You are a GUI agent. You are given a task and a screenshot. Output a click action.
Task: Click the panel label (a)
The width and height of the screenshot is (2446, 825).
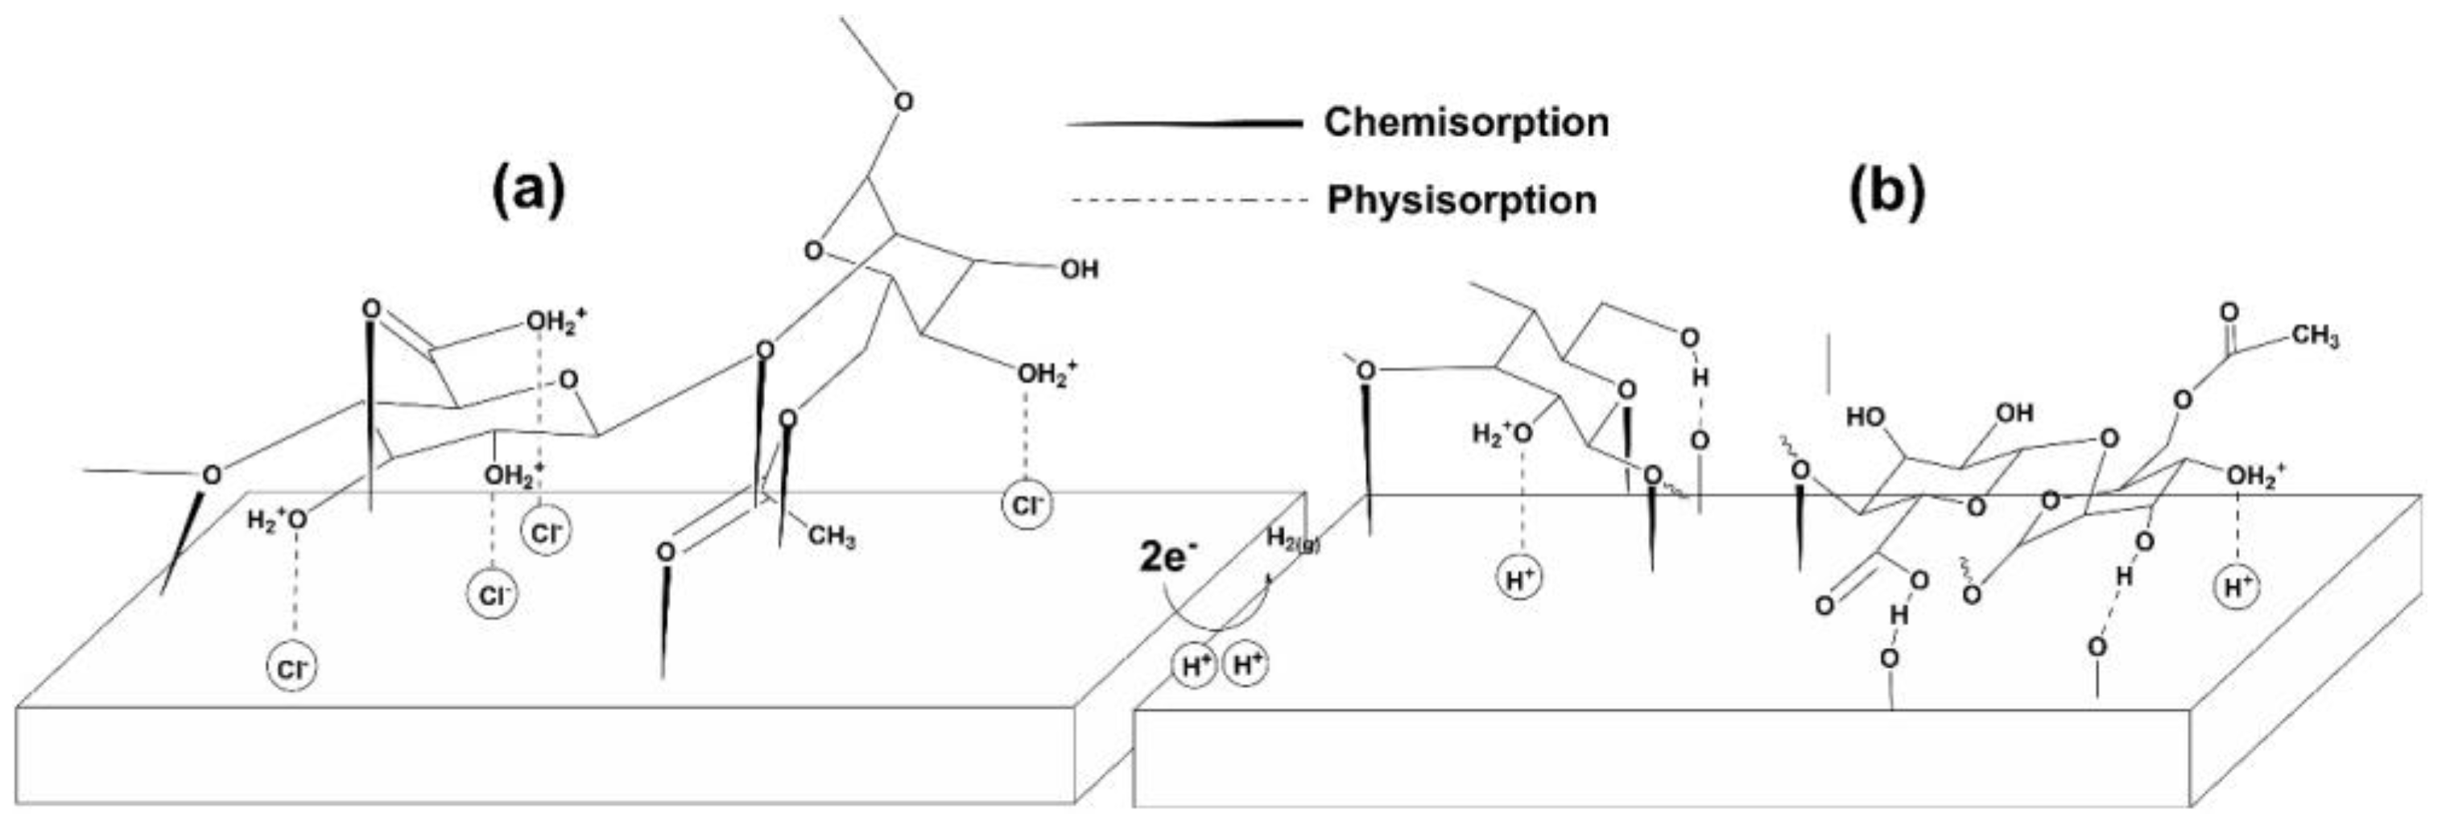tap(528, 191)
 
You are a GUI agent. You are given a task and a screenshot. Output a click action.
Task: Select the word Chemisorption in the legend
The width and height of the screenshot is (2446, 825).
tap(1466, 122)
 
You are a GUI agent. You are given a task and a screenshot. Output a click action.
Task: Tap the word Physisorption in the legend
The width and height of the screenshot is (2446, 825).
tap(1461, 200)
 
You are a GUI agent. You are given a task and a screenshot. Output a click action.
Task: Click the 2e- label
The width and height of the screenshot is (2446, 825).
tap(1164, 559)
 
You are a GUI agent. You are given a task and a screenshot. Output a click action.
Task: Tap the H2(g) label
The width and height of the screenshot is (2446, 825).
tap(1292, 539)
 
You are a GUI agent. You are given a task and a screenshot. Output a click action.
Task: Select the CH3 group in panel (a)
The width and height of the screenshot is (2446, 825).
tap(831, 536)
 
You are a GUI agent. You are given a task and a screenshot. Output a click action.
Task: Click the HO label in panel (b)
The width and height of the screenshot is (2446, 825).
tap(1865, 416)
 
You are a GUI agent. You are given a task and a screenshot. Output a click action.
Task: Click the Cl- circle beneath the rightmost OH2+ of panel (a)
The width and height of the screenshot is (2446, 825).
tap(1027, 505)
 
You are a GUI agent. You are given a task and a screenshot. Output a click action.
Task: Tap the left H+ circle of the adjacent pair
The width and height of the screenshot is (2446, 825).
tap(1196, 666)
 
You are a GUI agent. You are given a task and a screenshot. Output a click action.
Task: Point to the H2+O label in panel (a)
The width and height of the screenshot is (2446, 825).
tap(276, 519)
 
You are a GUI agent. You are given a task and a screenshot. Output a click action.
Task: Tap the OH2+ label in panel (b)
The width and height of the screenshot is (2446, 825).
tap(2256, 476)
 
